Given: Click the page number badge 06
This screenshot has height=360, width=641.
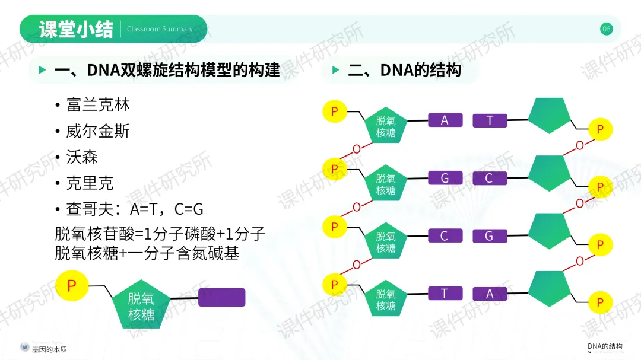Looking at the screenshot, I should click(606, 29).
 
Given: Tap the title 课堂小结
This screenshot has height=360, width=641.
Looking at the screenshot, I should click(76, 29).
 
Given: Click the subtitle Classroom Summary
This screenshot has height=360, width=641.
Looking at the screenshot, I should click(160, 29).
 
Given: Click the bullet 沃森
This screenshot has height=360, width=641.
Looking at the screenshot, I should click(82, 157).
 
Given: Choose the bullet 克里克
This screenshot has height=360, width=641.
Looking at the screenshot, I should click(90, 183).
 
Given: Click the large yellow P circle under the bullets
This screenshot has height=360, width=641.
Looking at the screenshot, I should click(72, 286).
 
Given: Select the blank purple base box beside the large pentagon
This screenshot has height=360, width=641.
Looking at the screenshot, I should click(221, 297).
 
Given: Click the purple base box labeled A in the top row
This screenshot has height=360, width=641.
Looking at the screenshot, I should click(445, 120).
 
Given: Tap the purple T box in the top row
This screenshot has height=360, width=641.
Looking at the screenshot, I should click(490, 120).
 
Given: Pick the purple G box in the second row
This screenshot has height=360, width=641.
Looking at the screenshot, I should click(445, 178).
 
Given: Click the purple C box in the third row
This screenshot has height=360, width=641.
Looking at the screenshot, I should click(445, 236).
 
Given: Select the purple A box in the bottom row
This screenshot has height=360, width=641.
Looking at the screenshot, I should click(490, 294).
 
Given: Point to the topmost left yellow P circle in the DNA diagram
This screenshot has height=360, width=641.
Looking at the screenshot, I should click(335, 111).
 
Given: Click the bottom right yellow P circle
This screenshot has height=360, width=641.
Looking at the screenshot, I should click(600, 302).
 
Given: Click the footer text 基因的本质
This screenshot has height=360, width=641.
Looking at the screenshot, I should click(50, 349).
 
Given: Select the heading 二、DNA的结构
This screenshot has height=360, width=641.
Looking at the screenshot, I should click(404, 71).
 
